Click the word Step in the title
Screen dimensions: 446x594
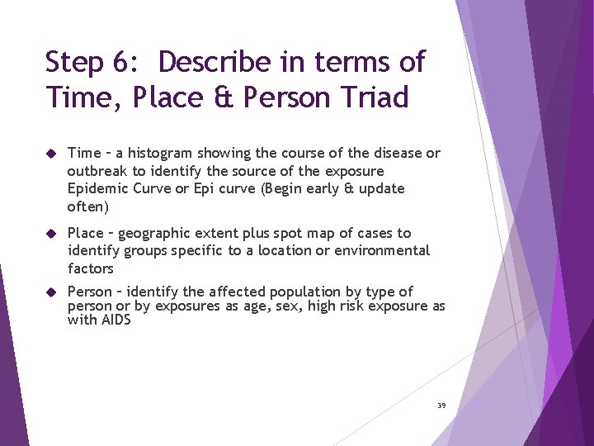74,63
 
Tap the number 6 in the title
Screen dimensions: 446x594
120,62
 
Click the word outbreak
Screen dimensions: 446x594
97,171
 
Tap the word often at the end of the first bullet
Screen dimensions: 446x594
86,206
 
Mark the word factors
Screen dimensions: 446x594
91,268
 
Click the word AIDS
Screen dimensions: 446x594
115,320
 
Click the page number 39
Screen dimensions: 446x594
441,406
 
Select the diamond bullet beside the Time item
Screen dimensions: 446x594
50,154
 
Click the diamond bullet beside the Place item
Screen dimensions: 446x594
50,234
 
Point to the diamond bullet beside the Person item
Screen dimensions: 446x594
50,292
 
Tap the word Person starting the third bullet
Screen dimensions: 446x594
89,292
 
